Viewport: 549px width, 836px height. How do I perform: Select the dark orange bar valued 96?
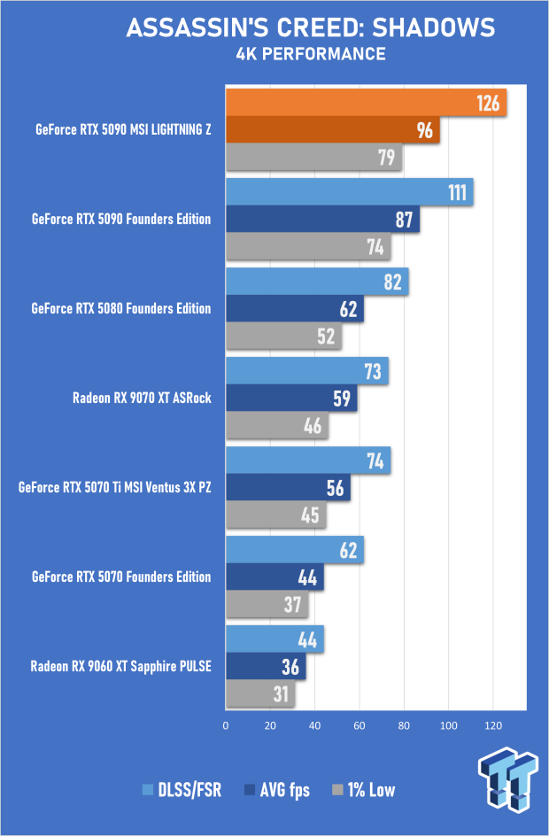click(333, 131)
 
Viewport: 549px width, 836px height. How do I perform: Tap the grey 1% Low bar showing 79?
click(313, 158)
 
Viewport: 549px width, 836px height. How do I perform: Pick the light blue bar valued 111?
click(349, 192)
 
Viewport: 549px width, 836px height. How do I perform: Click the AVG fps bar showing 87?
click(322, 220)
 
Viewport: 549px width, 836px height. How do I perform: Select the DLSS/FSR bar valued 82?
click(317, 282)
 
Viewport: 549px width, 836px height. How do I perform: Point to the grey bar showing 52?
click(283, 337)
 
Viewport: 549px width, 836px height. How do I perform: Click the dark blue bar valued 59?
click(291, 399)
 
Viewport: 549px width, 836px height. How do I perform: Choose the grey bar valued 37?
click(267, 605)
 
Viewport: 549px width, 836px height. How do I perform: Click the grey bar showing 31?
click(260, 694)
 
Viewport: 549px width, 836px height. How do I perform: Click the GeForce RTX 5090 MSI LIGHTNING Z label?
click(122, 130)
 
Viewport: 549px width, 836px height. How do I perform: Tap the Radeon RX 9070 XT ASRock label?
click(142, 398)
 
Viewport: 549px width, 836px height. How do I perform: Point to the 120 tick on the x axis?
click(493, 725)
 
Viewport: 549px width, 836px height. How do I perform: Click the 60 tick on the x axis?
click(360, 725)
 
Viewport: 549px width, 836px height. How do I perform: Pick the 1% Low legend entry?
click(363, 790)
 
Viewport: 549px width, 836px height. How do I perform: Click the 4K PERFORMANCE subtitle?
click(310, 54)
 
